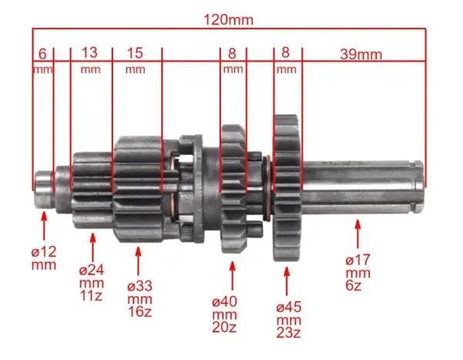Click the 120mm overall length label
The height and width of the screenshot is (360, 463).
[x=228, y=20]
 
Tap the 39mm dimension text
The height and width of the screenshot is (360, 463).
[x=361, y=55]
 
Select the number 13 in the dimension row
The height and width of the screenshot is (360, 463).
[x=90, y=52]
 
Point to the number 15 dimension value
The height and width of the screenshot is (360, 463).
[x=135, y=53]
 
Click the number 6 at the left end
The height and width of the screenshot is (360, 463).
[x=42, y=54]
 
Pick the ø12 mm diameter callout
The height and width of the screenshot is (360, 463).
[x=44, y=258]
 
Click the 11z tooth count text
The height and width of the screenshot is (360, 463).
[x=91, y=296]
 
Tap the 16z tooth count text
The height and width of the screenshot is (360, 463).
[x=140, y=311]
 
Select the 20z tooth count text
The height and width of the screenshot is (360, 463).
[x=224, y=328]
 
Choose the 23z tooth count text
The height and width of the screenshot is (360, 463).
[x=289, y=333]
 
